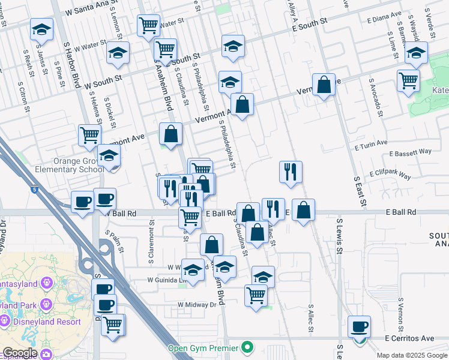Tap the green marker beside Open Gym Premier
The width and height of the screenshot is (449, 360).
[246, 347]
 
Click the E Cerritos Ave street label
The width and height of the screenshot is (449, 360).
[411, 338]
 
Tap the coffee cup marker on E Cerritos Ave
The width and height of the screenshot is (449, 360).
[360, 328]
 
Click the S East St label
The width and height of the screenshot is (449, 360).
[360, 189]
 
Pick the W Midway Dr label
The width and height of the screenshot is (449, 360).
[196, 305]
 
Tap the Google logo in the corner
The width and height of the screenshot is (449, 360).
[20, 353]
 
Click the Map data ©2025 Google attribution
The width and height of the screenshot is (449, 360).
[411, 355]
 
